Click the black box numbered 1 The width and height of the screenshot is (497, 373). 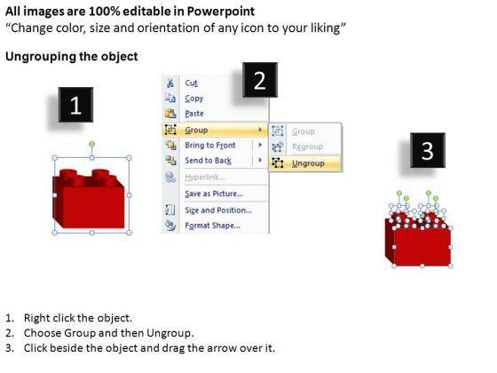(x=75, y=105)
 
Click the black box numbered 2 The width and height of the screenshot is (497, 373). (x=260, y=80)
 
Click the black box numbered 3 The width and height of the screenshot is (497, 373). (x=428, y=150)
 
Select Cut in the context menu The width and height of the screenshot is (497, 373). (x=191, y=83)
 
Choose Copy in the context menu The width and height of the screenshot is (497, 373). (x=194, y=99)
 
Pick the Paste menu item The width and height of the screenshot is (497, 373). (x=194, y=114)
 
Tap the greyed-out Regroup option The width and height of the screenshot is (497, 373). (x=307, y=147)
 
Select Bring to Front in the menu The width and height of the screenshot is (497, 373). (x=210, y=146)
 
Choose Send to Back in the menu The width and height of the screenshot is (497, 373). (x=209, y=161)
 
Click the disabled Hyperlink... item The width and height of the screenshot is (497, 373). (x=205, y=177)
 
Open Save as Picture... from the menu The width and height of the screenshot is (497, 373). (x=214, y=194)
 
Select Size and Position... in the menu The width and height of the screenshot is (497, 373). (x=218, y=210)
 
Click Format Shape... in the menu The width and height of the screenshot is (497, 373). (x=212, y=226)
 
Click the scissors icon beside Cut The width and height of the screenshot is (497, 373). (x=170, y=83)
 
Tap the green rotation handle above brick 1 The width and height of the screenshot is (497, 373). (x=91, y=144)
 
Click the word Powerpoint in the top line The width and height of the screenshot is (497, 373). (x=221, y=12)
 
